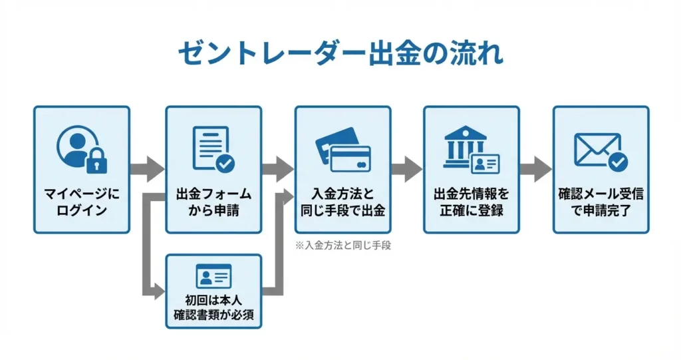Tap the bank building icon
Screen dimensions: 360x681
(x=466, y=148)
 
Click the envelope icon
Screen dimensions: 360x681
(x=597, y=149)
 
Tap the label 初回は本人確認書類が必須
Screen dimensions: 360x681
(x=213, y=303)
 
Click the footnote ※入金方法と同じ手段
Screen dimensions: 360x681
(x=343, y=245)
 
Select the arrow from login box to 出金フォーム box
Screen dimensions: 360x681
(x=147, y=169)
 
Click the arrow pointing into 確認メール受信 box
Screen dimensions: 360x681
(x=536, y=169)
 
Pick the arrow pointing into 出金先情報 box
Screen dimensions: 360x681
(x=406, y=169)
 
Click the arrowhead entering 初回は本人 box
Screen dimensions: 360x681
(x=159, y=290)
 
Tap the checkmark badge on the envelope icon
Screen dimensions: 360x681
(x=618, y=160)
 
